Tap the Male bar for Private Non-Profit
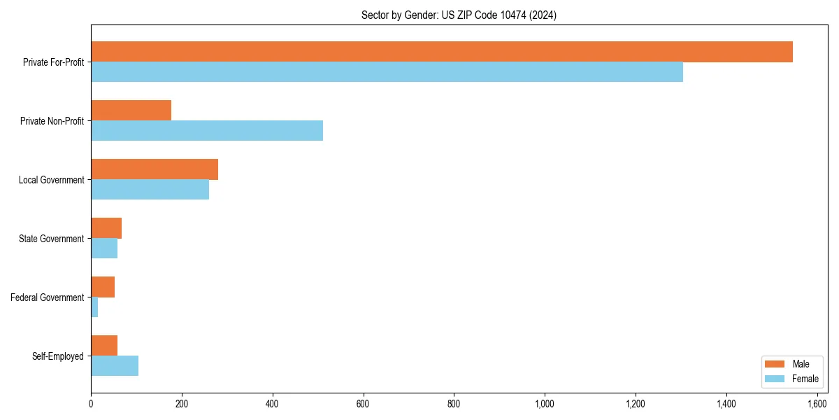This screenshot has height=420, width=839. pos(131,111)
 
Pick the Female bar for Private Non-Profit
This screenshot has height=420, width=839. pos(207,131)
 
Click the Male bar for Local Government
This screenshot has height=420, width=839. pos(155,169)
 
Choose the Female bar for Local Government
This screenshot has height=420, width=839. pos(150,190)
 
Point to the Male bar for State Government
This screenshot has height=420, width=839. pos(106,228)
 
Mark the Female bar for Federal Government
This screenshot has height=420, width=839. pos(94,307)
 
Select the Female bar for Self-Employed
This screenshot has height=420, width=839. pos(115,366)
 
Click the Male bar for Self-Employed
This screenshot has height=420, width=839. pos(104,346)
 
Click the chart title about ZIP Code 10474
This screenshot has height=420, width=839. pos(459,15)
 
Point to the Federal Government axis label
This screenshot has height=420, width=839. pos(48,297)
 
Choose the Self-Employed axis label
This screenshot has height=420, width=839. pos(58,356)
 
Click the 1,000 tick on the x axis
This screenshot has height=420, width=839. pos(545,404)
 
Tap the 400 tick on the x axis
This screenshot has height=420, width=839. pos(273,404)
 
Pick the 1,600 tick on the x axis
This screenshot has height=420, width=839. pos(817,404)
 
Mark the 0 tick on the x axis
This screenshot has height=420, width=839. pos(91,404)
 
